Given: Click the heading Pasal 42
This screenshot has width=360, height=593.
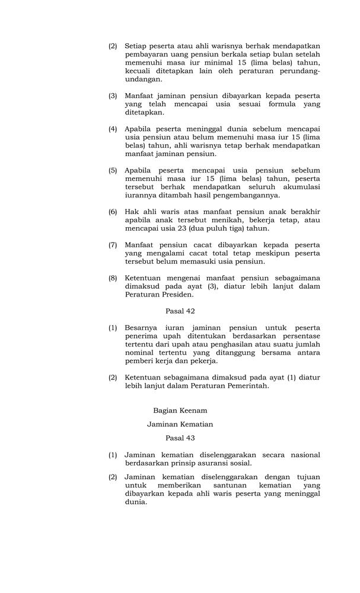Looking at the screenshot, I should pyautogui.click(x=180, y=310).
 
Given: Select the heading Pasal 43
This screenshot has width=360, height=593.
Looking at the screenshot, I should pyautogui.click(x=180, y=438).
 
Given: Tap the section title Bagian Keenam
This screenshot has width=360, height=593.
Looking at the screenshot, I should pyautogui.click(x=180, y=410).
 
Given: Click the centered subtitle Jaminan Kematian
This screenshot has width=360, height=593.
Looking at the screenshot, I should pyautogui.click(x=180, y=424).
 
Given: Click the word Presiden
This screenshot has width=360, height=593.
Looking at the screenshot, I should pyautogui.click(x=178, y=294).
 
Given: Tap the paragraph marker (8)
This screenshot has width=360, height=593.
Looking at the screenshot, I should pyautogui.click(x=113, y=278).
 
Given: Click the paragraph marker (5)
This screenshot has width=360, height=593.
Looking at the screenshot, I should pyautogui.click(x=113, y=170).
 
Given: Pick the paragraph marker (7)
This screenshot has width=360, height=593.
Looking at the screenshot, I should pyautogui.click(x=113, y=244).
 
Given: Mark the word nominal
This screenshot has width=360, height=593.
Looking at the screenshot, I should pyautogui.click(x=140, y=352).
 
